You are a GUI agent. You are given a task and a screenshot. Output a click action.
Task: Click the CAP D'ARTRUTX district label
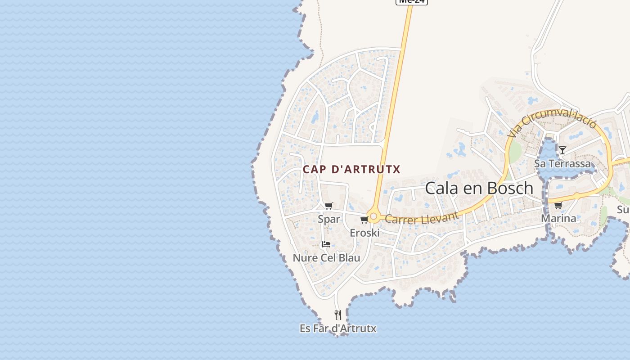click(x=351, y=170)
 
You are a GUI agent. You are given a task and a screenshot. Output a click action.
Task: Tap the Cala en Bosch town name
click(x=479, y=188)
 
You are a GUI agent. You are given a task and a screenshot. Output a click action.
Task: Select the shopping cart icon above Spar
click(x=328, y=206)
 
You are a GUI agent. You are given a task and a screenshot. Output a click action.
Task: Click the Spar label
click(x=329, y=219)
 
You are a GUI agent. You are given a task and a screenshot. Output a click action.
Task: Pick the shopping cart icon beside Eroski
click(x=364, y=220)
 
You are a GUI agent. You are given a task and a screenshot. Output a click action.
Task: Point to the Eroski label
click(x=365, y=233)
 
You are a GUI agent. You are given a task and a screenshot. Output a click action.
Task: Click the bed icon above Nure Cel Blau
click(x=326, y=244)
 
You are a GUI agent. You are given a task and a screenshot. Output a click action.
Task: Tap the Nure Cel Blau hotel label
click(x=326, y=258)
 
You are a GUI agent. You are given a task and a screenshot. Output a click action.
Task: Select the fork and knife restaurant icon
click(x=338, y=315)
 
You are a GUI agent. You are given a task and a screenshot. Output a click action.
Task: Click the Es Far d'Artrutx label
click(x=338, y=328)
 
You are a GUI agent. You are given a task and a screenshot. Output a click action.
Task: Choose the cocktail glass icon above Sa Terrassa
click(x=562, y=150)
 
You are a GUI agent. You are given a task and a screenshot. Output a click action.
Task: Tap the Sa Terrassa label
click(x=562, y=163)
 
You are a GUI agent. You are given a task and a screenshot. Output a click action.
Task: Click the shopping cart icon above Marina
click(x=558, y=206)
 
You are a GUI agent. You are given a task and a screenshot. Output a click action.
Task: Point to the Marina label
click(x=558, y=219)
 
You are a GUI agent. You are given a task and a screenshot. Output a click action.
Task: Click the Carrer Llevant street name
click(x=422, y=218)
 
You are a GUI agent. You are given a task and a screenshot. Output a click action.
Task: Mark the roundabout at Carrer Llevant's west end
click(x=373, y=216)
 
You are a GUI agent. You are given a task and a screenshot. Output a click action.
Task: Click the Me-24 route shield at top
click(x=411, y=2)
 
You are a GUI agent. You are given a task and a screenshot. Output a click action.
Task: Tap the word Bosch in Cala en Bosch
click(x=509, y=188)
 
